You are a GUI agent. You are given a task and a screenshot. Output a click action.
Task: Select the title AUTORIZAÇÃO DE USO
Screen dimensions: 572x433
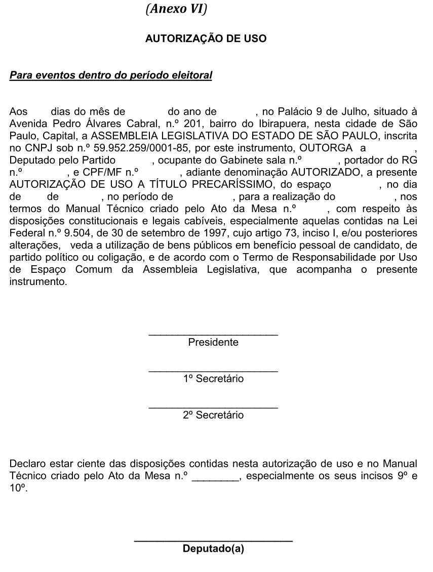point(206,38)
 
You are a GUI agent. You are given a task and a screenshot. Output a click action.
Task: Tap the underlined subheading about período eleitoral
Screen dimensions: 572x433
point(111,76)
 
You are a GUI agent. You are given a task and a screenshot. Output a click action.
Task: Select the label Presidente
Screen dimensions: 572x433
point(213,343)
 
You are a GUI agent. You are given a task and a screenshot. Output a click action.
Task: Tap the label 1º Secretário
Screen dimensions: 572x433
point(213,379)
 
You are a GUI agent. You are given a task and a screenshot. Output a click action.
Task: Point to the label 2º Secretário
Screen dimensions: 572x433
point(213,416)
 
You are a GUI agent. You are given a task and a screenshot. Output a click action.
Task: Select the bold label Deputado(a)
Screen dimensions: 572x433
point(213,549)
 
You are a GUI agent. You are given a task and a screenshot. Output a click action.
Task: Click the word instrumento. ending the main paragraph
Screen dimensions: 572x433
point(38,282)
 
